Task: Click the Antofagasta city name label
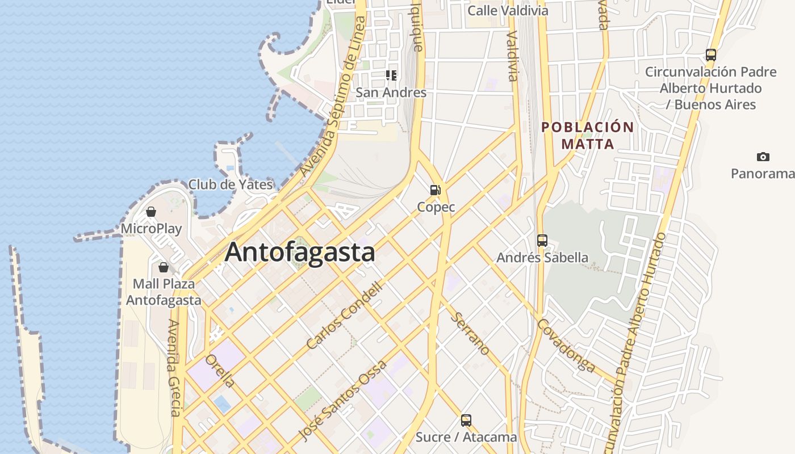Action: pos(300,253)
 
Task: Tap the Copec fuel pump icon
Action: pos(436,190)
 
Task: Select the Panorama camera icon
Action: pos(763,157)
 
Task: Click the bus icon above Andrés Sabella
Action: pos(542,240)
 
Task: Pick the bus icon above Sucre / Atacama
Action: pos(466,421)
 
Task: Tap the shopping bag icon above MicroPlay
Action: pos(151,212)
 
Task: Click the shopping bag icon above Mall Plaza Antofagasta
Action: pos(164,267)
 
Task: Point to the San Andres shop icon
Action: pos(391,75)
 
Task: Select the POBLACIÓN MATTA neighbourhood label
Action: pos(588,136)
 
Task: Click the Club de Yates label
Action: pos(231,184)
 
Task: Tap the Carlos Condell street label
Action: pos(345,316)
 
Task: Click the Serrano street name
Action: pos(470,333)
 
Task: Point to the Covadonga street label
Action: pos(566,345)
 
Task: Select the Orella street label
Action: pos(220,371)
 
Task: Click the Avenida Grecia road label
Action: pos(174,368)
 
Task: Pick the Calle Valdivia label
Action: pos(508,11)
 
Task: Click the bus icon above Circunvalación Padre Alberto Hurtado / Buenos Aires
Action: pos(710,55)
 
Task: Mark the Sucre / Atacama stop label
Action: pos(466,437)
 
